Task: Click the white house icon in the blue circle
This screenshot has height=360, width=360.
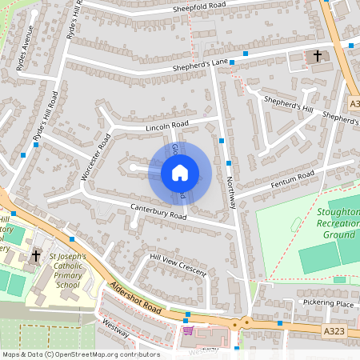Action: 180,172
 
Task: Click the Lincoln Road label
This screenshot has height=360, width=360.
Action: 166,125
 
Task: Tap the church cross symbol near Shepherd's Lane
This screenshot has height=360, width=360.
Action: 318,56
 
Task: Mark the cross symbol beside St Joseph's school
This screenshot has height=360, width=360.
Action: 34,256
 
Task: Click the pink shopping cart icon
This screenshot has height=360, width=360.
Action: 188,330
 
